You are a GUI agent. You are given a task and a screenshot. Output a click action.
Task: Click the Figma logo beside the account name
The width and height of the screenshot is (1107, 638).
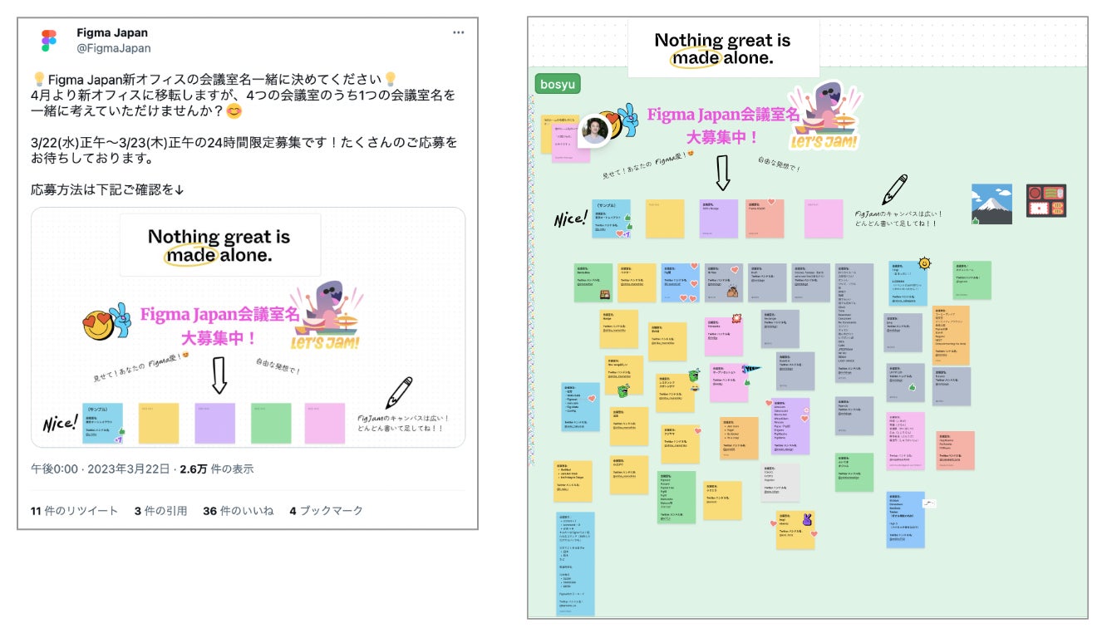[x=49, y=41]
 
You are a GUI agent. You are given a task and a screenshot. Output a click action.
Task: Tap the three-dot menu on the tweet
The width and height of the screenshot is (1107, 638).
[x=459, y=32]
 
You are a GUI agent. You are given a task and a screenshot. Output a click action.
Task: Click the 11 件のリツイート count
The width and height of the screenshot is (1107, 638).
[x=74, y=510]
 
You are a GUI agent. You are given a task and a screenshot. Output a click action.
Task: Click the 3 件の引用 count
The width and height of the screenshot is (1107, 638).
[x=160, y=510]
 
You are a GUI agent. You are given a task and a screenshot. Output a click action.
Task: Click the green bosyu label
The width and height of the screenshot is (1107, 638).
[x=558, y=84]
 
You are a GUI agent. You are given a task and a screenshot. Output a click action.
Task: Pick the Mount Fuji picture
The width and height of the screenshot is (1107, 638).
[x=991, y=204]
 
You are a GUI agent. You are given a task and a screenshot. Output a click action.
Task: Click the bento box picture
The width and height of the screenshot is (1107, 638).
[x=1045, y=201]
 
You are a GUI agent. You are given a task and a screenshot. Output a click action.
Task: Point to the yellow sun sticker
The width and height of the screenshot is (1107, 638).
[x=924, y=264]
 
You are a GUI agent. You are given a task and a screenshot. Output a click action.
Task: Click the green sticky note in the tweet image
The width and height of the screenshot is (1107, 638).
[x=271, y=423]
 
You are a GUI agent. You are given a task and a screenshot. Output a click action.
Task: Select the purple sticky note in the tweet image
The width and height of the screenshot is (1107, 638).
[x=215, y=423]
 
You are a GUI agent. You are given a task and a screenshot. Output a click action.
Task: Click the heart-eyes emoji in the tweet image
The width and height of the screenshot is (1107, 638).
[x=98, y=324]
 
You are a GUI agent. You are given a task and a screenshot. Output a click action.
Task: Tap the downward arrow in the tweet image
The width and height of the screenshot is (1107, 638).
[x=219, y=374]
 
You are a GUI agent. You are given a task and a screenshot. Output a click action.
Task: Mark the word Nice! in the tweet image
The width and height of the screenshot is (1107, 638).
[x=60, y=423]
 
